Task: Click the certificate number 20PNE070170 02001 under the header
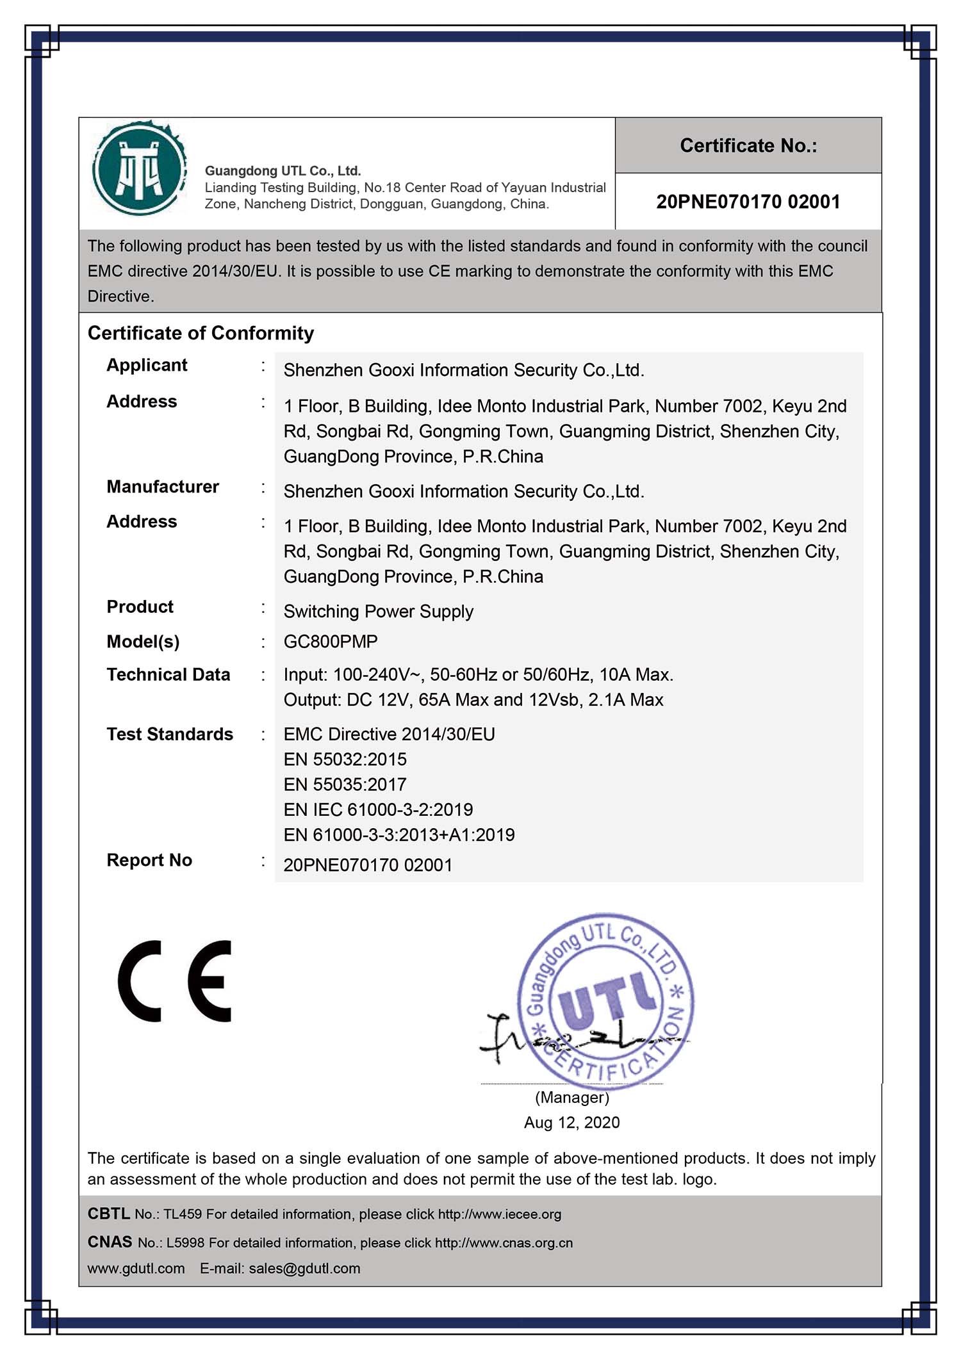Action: tap(748, 202)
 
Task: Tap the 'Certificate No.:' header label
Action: tap(748, 146)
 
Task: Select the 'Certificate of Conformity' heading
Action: tap(201, 333)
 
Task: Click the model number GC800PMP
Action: tap(331, 641)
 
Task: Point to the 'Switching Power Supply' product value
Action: tap(378, 611)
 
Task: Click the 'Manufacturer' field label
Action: tap(163, 487)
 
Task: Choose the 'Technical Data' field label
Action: tap(168, 674)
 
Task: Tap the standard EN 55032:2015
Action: tap(345, 759)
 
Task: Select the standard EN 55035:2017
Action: tap(345, 784)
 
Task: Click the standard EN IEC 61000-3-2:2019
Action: tap(378, 810)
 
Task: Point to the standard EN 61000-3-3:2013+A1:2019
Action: tap(398, 834)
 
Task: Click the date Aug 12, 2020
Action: tap(571, 1122)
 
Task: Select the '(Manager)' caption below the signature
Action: tap(571, 1097)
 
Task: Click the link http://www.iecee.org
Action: tap(499, 1214)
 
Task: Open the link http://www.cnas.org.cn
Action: tap(504, 1242)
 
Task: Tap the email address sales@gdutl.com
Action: tap(304, 1268)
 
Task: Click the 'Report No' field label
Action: tap(149, 860)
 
